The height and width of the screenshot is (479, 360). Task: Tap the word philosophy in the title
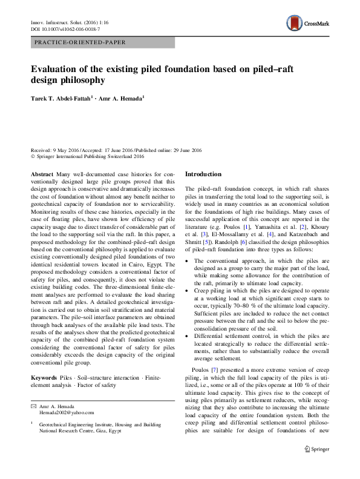click(82, 80)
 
